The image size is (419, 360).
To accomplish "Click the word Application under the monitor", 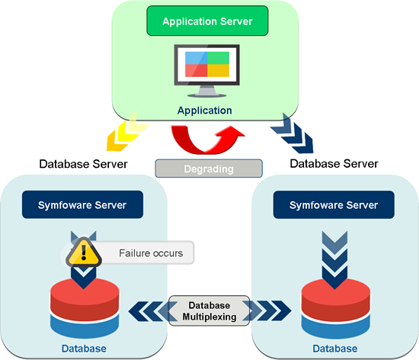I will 204,111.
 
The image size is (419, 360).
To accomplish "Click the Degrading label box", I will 208,168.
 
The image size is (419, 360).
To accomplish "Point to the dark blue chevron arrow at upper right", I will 293,132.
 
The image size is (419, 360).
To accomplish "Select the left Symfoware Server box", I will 82,205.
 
